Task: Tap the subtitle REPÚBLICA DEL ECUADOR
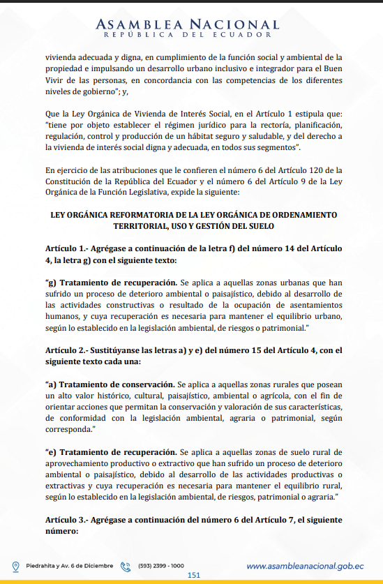pos(189,34)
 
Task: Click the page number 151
pos(195,575)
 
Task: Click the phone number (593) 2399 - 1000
pos(161,565)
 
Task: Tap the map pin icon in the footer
pos(16,566)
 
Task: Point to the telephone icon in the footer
pos(126,566)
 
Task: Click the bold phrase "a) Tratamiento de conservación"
pos(110,384)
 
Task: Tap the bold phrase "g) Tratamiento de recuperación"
pos(110,283)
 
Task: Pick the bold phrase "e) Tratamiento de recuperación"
pos(110,452)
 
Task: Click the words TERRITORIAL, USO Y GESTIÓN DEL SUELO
pos(191,227)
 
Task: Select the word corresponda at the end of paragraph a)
pos(70,430)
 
